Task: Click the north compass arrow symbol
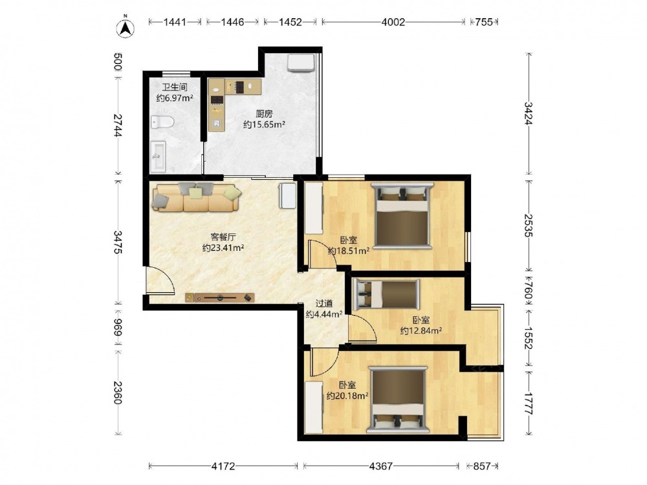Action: [126, 28]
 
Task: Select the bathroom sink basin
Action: [159, 156]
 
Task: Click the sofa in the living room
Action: [196, 197]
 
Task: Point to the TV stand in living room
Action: [219, 297]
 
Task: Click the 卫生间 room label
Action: [175, 87]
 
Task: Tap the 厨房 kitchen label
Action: [264, 114]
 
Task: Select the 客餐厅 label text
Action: [223, 237]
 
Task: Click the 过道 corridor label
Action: [324, 303]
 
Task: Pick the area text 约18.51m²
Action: [349, 251]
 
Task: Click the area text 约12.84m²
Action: [421, 330]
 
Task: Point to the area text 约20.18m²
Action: [347, 396]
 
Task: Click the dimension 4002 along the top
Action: [393, 22]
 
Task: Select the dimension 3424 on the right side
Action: [529, 113]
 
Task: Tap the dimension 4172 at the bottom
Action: [223, 466]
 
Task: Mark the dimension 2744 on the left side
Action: [118, 125]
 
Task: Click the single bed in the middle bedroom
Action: [387, 294]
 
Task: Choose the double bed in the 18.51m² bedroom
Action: [402, 215]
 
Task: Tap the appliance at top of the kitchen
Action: [302, 62]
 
